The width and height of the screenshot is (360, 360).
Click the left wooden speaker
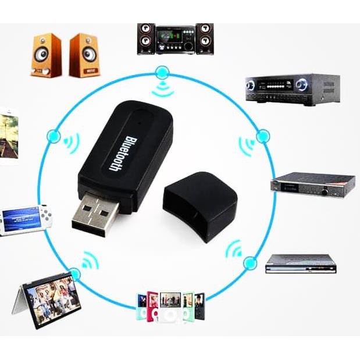click(x=47, y=55)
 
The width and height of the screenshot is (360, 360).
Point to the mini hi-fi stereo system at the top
click(x=175, y=39)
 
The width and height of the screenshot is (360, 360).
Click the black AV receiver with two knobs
click(x=292, y=89)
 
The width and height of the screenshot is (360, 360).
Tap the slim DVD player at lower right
click(x=301, y=263)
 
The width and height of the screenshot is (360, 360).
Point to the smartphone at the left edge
click(x=8, y=134)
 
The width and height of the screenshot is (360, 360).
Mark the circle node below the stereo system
click(x=162, y=73)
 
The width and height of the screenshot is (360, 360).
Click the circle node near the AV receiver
click(x=263, y=136)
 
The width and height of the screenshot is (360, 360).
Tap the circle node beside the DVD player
click(x=250, y=263)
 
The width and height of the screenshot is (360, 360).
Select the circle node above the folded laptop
click(x=74, y=273)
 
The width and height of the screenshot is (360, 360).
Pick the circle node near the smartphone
click(x=54, y=136)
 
